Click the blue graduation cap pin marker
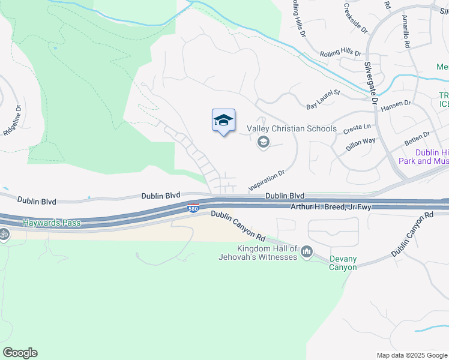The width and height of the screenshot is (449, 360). click(223, 121)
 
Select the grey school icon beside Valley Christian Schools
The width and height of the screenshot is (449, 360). click(262, 142)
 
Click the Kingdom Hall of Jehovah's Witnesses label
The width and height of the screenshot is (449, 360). click(259, 253)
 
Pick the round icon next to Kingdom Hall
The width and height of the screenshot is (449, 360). click(307, 251)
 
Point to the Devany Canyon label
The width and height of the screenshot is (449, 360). click(343, 263)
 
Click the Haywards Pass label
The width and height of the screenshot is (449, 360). click(51, 223)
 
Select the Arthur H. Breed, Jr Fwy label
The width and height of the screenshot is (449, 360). click(332, 207)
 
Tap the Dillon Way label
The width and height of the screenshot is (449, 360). click(361, 145)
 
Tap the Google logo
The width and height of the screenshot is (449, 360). click(20, 353)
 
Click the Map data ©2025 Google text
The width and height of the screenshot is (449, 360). click(411, 355)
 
